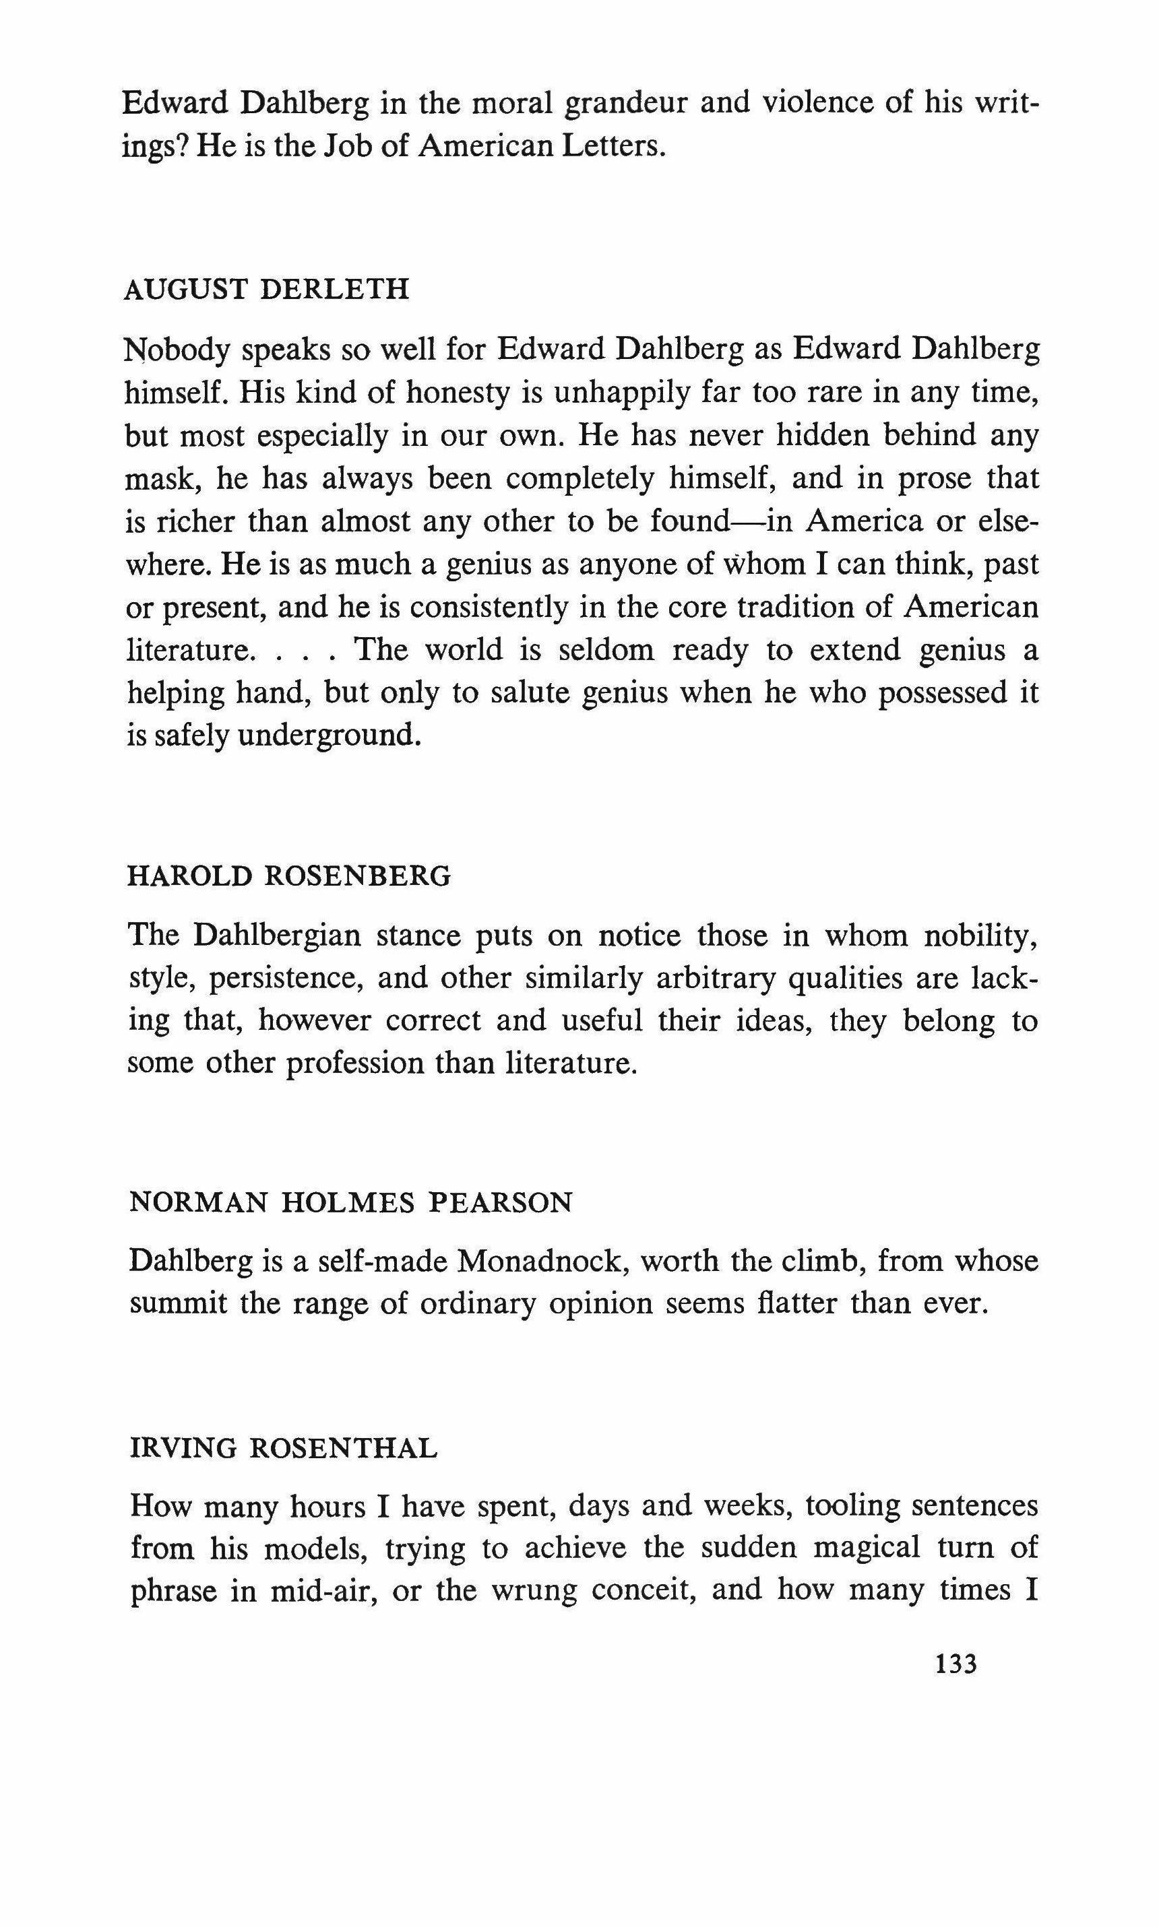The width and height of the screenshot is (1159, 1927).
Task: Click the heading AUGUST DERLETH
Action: (x=266, y=290)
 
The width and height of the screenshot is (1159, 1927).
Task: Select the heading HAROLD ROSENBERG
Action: (x=289, y=876)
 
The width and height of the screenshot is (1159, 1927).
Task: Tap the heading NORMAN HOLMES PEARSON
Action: (x=350, y=1203)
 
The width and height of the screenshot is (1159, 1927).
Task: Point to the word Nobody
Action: (x=177, y=350)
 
